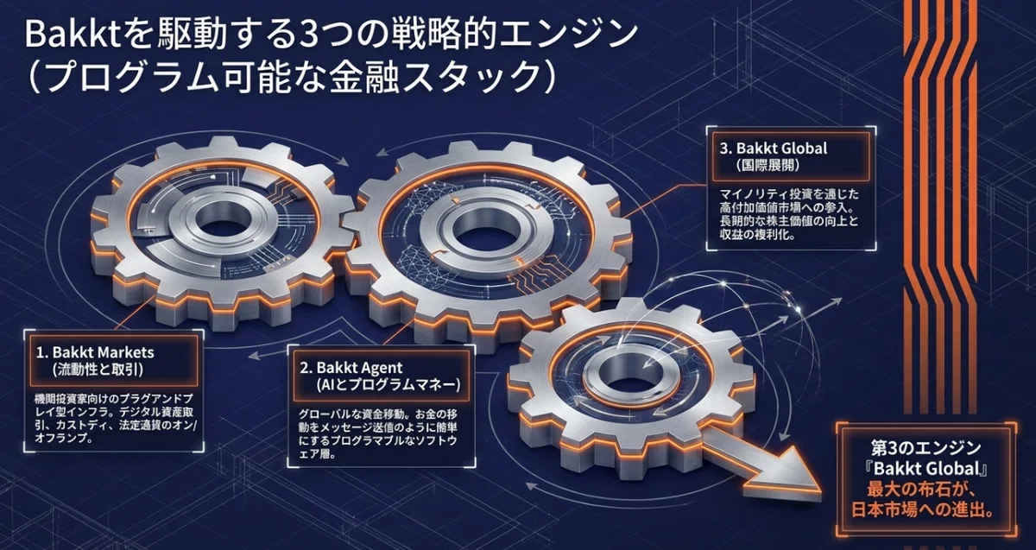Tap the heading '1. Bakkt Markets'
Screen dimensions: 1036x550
(x=95, y=352)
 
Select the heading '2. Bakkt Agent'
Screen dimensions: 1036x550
(x=351, y=368)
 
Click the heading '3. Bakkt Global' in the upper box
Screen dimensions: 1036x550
(x=774, y=149)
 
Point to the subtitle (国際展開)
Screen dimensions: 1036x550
(x=768, y=165)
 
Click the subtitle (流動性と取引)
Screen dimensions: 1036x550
(x=98, y=370)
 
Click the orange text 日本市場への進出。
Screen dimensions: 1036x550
(x=923, y=509)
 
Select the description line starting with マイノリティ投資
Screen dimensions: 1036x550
(x=789, y=193)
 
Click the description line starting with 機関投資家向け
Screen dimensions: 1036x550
(x=114, y=398)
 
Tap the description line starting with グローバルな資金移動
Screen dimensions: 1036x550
(x=378, y=413)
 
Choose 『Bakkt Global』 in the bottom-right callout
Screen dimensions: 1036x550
(x=925, y=469)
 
